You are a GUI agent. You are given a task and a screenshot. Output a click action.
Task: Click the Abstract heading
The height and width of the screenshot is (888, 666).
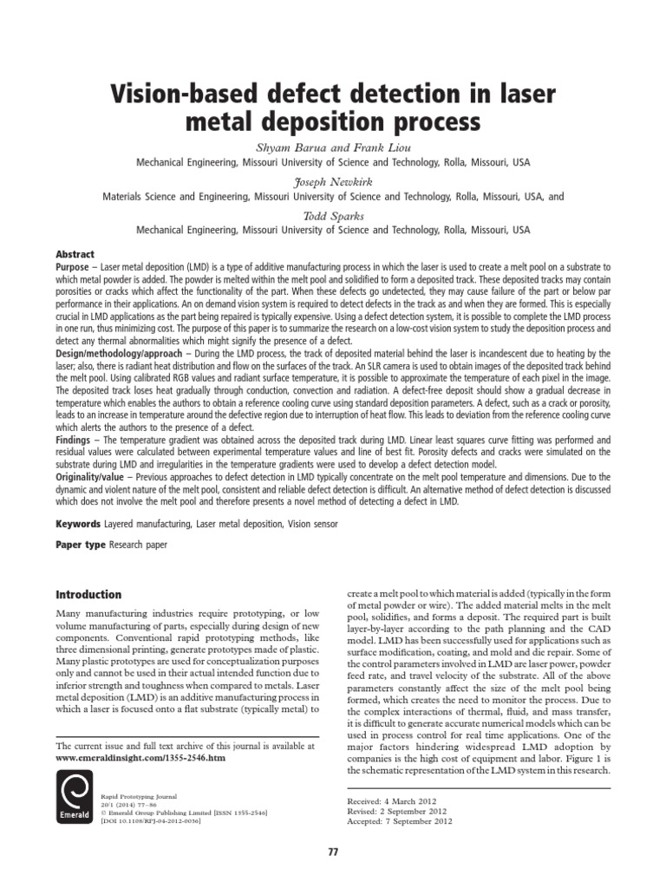pyautogui.click(x=75, y=255)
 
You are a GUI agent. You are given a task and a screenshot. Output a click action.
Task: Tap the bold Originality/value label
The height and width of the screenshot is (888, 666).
pyautogui.click(x=95, y=476)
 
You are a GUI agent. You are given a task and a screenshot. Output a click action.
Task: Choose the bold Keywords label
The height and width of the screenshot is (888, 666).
pyautogui.click(x=78, y=525)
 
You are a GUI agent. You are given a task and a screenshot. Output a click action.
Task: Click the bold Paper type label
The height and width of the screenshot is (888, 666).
pyautogui.click(x=81, y=545)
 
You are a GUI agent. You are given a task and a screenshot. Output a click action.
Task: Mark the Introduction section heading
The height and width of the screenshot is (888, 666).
pyautogui.click(x=88, y=595)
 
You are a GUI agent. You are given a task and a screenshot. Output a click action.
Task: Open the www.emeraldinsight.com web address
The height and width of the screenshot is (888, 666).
pyautogui.click(x=140, y=757)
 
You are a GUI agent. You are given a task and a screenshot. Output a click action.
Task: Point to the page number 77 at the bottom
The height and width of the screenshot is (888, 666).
pyautogui.click(x=333, y=852)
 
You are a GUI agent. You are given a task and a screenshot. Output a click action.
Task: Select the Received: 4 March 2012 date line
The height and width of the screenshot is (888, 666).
pyautogui.click(x=391, y=800)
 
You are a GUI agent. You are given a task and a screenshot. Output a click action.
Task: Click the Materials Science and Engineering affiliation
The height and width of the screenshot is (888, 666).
pyautogui.click(x=333, y=197)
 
